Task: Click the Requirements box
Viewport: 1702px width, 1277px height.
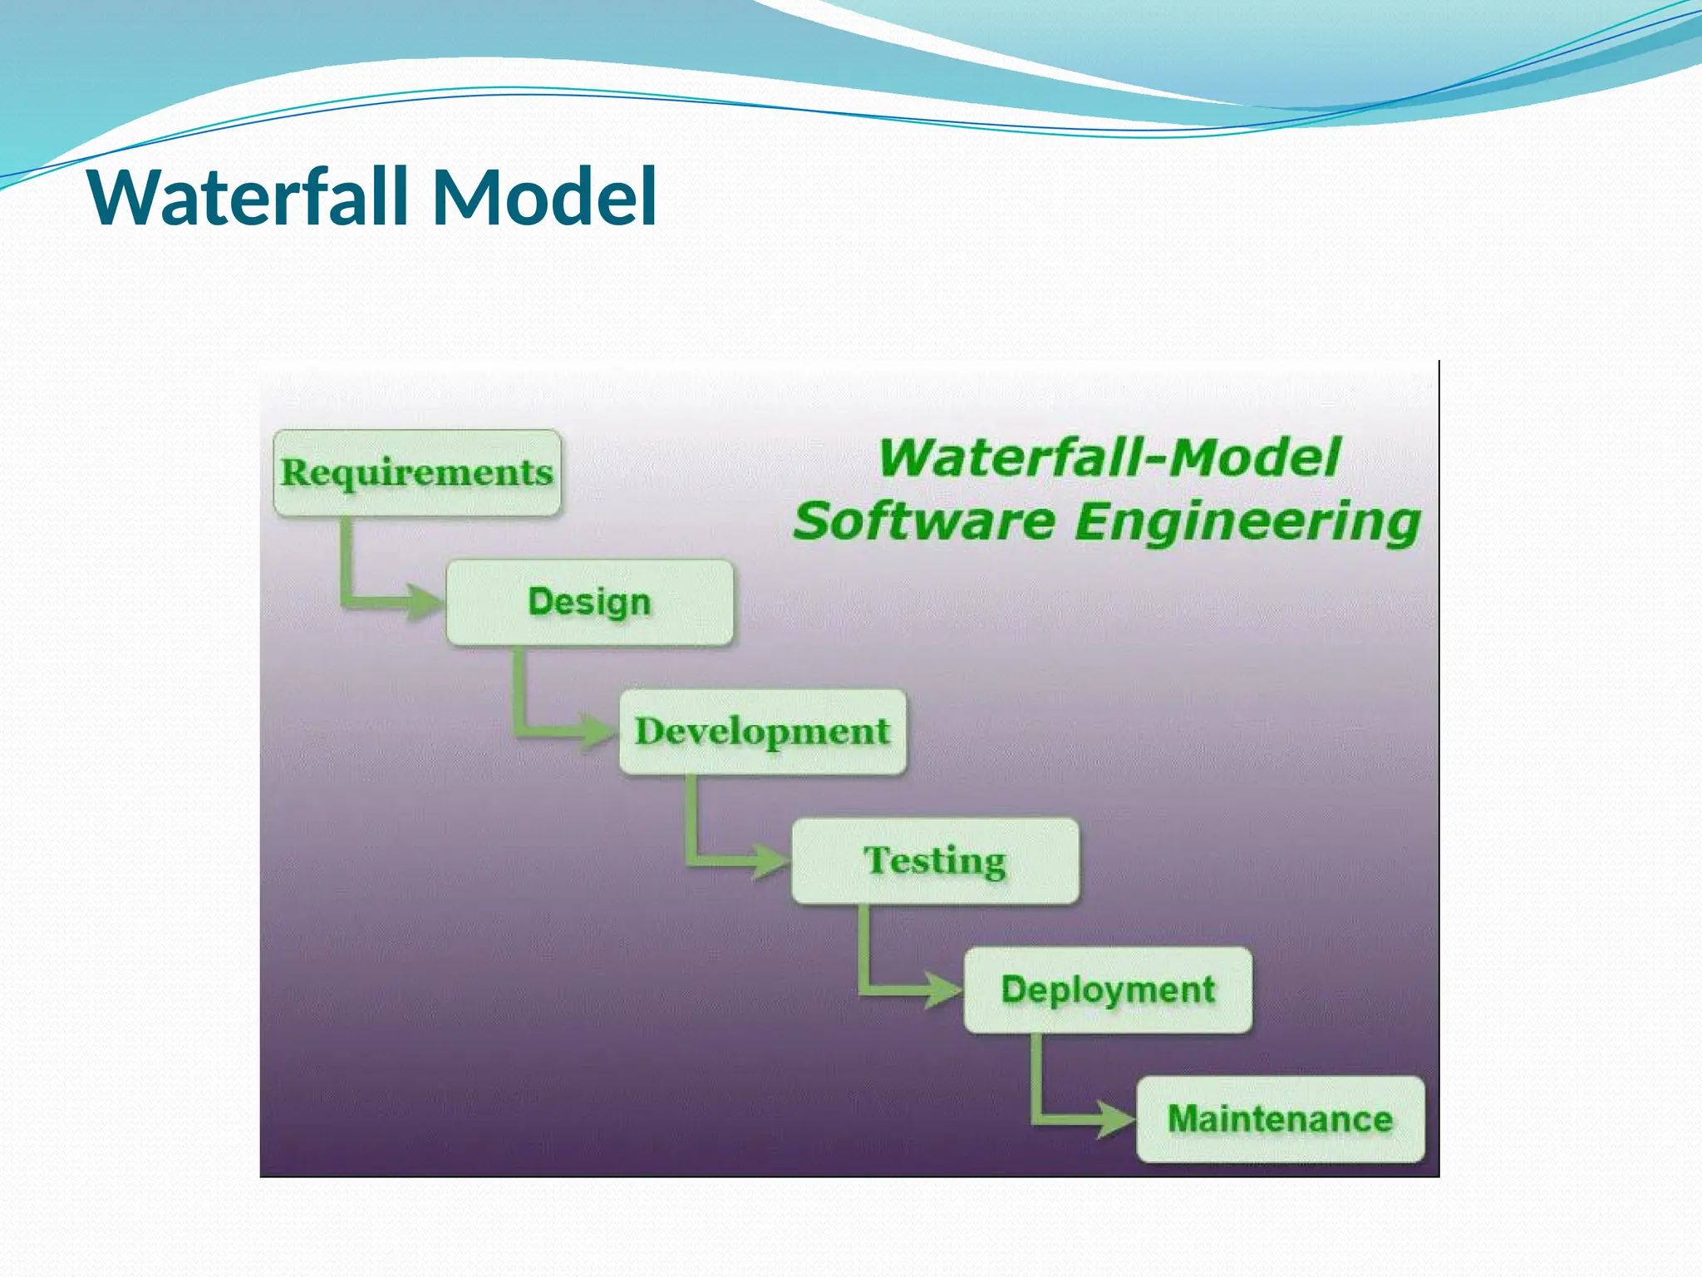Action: (417, 472)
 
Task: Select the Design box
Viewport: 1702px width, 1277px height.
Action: (590, 602)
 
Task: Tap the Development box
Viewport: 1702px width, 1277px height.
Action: (763, 732)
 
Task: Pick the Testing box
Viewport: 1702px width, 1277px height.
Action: (936, 860)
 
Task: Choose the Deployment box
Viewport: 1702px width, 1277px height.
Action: (1108, 989)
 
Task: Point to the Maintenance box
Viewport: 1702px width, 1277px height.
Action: (1280, 1119)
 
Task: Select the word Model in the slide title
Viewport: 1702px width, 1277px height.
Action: (544, 197)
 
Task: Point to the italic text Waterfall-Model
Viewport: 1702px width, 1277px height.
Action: (1109, 457)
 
